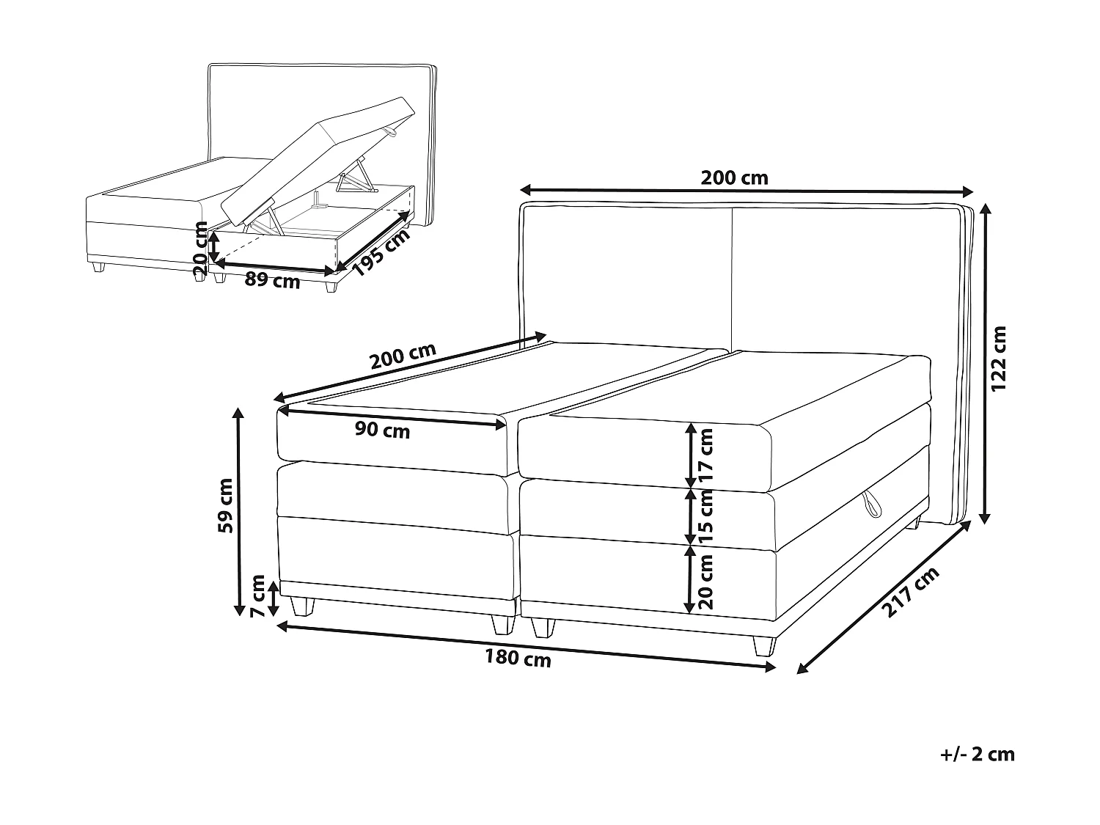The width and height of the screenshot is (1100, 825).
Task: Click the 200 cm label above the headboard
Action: point(734,177)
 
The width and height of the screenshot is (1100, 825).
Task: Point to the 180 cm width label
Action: point(518,659)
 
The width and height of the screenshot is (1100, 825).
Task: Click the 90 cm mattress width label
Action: point(382,430)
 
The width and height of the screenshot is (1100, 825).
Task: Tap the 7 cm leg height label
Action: point(257,596)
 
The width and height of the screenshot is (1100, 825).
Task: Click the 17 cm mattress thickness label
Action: point(706,454)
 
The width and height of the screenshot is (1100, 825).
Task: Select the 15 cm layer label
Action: point(706,516)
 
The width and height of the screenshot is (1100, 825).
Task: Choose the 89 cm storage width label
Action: point(273,280)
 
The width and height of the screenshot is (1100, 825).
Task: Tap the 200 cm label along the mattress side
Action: point(403,356)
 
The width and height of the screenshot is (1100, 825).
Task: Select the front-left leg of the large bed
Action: point(301,605)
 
